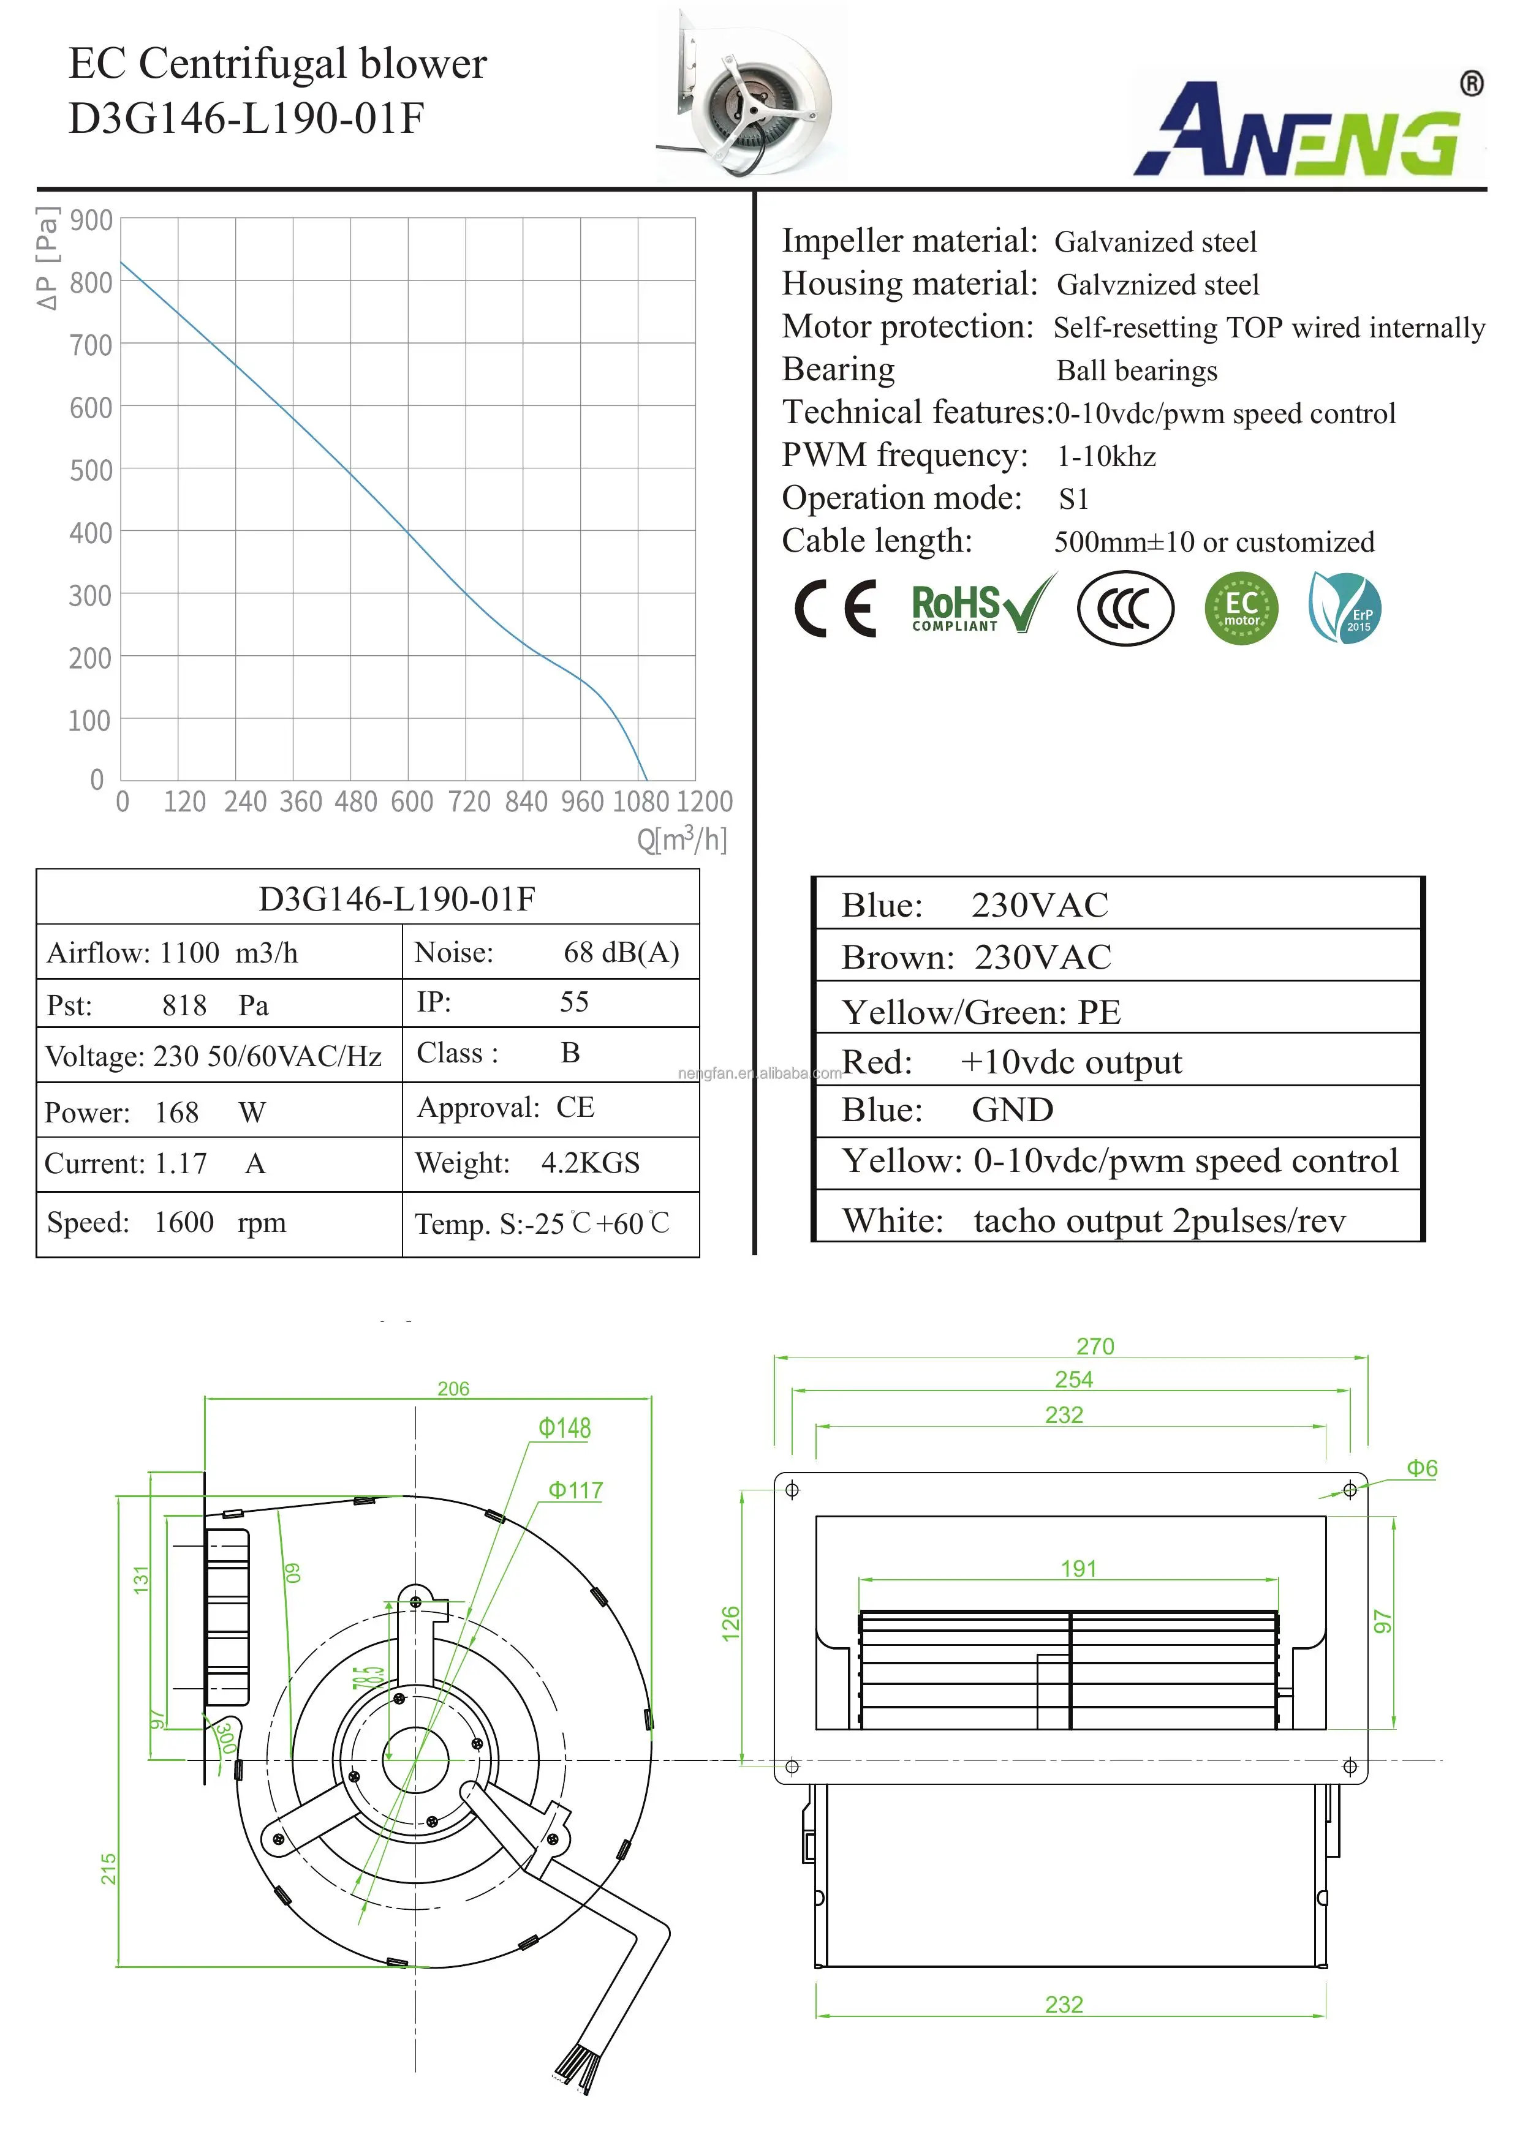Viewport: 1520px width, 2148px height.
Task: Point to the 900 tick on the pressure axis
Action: pyautogui.click(x=91, y=221)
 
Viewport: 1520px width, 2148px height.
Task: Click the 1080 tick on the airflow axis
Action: pyautogui.click(x=641, y=802)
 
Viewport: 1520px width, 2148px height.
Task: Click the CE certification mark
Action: pyautogui.click(x=836, y=609)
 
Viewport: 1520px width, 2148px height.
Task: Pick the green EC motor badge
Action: pyautogui.click(x=1241, y=609)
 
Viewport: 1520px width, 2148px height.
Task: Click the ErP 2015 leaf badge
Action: pyautogui.click(x=1345, y=609)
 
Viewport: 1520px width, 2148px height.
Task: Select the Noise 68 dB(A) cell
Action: pyautogui.click(x=550, y=952)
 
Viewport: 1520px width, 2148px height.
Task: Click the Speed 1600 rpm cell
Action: pyautogui.click(x=219, y=1223)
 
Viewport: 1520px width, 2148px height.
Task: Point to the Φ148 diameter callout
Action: pyautogui.click(x=564, y=1429)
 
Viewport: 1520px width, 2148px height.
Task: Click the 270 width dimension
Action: pyautogui.click(x=1094, y=1346)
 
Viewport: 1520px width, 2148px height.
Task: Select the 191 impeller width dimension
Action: pyautogui.click(x=1078, y=1569)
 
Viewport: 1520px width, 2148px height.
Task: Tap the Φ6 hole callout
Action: pyautogui.click(x=1422, y=1469)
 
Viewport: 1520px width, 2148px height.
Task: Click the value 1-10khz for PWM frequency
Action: pyautogui.click(x=1106, y=457)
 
